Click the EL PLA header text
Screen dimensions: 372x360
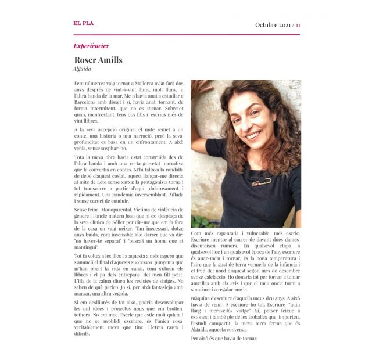click(83, 23)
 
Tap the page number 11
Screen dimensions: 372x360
click(298, 25)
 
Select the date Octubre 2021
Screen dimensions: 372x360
click(273, 25)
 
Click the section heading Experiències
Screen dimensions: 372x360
click(91, 46)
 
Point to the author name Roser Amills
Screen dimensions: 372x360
click(98, 60)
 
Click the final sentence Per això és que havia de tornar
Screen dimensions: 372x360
click(224, 338)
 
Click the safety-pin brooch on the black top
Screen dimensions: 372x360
click(262, 181)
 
